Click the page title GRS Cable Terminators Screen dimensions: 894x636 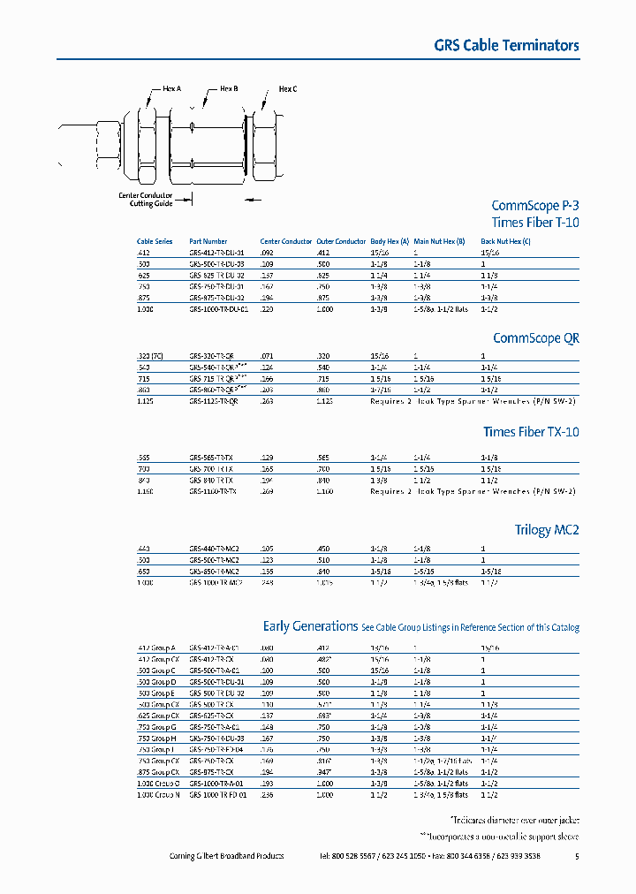506,45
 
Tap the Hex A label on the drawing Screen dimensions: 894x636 171,88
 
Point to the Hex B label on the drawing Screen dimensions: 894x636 229,88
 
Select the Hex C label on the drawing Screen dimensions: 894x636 287,88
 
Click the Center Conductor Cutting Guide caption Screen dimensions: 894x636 145,200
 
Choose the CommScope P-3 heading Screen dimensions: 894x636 534,204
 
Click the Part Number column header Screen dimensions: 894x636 208,241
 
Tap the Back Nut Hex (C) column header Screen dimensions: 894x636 505,241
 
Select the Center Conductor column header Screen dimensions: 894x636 285,241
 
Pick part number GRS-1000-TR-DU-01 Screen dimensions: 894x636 219,309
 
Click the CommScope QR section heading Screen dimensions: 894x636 535,337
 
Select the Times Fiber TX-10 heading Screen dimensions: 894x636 530,432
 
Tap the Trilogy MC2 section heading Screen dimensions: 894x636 547,530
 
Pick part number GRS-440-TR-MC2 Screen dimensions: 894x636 215,549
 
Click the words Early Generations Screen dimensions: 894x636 310,625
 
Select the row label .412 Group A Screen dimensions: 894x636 156,648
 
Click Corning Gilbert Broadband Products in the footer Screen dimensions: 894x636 226,856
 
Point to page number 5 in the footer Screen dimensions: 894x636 577,856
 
